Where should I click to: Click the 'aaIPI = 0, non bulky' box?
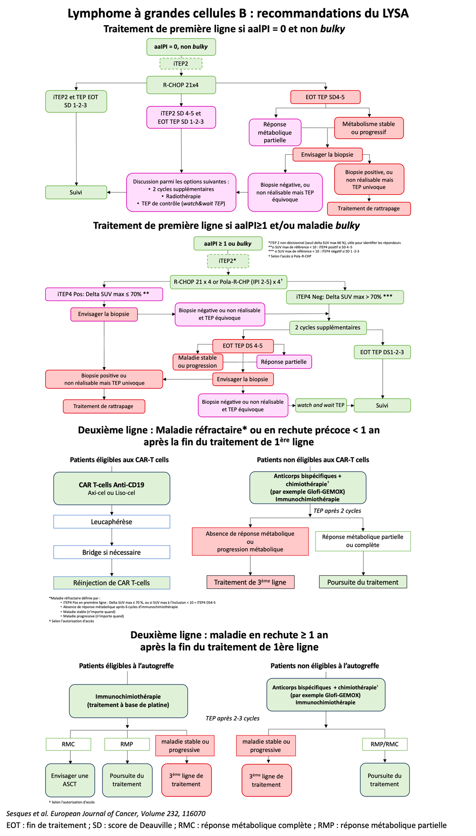pyautogui.click(x=181, y=47)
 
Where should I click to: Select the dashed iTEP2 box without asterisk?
pyautogui.click(x=181, y=63)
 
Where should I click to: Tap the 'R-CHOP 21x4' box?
pyautogui.click(x=181, y=85)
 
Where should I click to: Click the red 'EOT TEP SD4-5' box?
pyautogui.click(x=325, y=97)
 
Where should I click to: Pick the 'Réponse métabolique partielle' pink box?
pyautogui.click(x=275, y=132)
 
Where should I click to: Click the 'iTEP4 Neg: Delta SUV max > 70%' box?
pyautogui.click(x=344, y=297)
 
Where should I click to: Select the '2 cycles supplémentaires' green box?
pyautogui.click(x=327, y=327)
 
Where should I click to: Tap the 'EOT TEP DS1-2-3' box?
pyautogui.click(x=382, y=352)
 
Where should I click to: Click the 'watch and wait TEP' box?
pyautogui.click(x=321, y=405)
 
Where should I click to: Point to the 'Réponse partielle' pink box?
pyautogui.click(x=284, y=362)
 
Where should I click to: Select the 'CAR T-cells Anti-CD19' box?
pyautogui.click(x=111, y=488)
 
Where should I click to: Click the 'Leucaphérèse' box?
pyautogui.click(x=111, y=522)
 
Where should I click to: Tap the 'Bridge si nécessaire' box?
pyautogui.click(x=111, y=553)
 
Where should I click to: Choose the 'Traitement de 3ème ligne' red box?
pyautogui.click(x=250, y=582)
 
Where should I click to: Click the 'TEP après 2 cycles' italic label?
pyautogui.click(x=337, y=511)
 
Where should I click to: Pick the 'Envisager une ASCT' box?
pyautogui.click(x=69, y=780)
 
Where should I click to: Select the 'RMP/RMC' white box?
pyautogui.click(x=384, y=744)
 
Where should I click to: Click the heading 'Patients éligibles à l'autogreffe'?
pyautogui.click(x=126, y=665)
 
